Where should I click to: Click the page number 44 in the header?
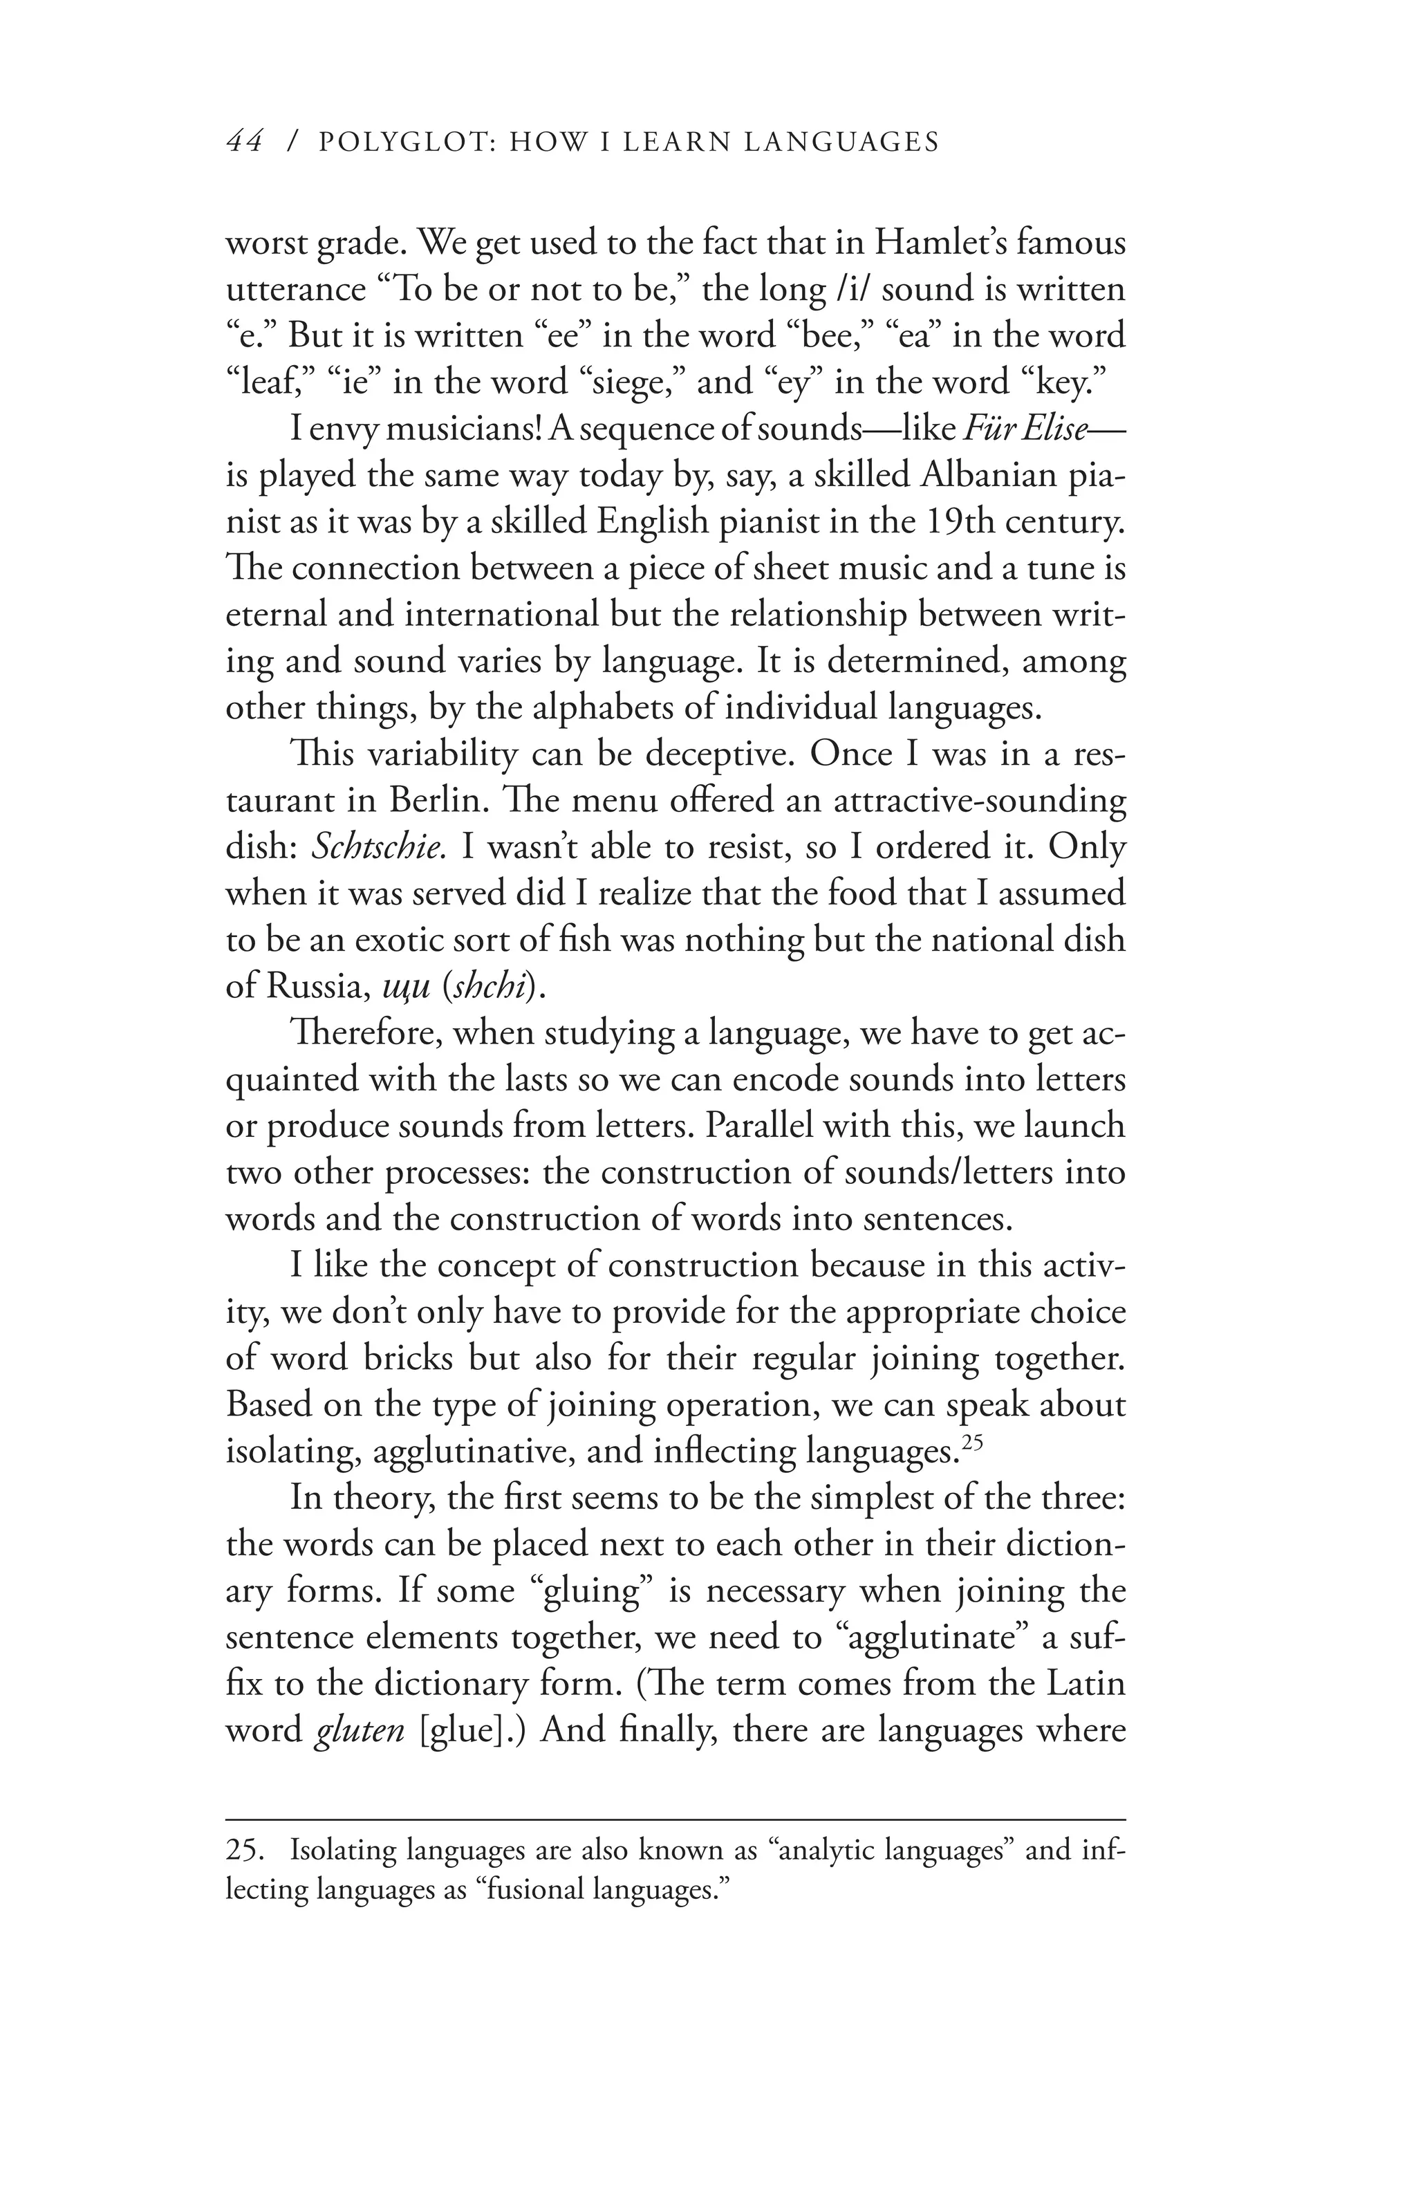[x=245, y=142]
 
